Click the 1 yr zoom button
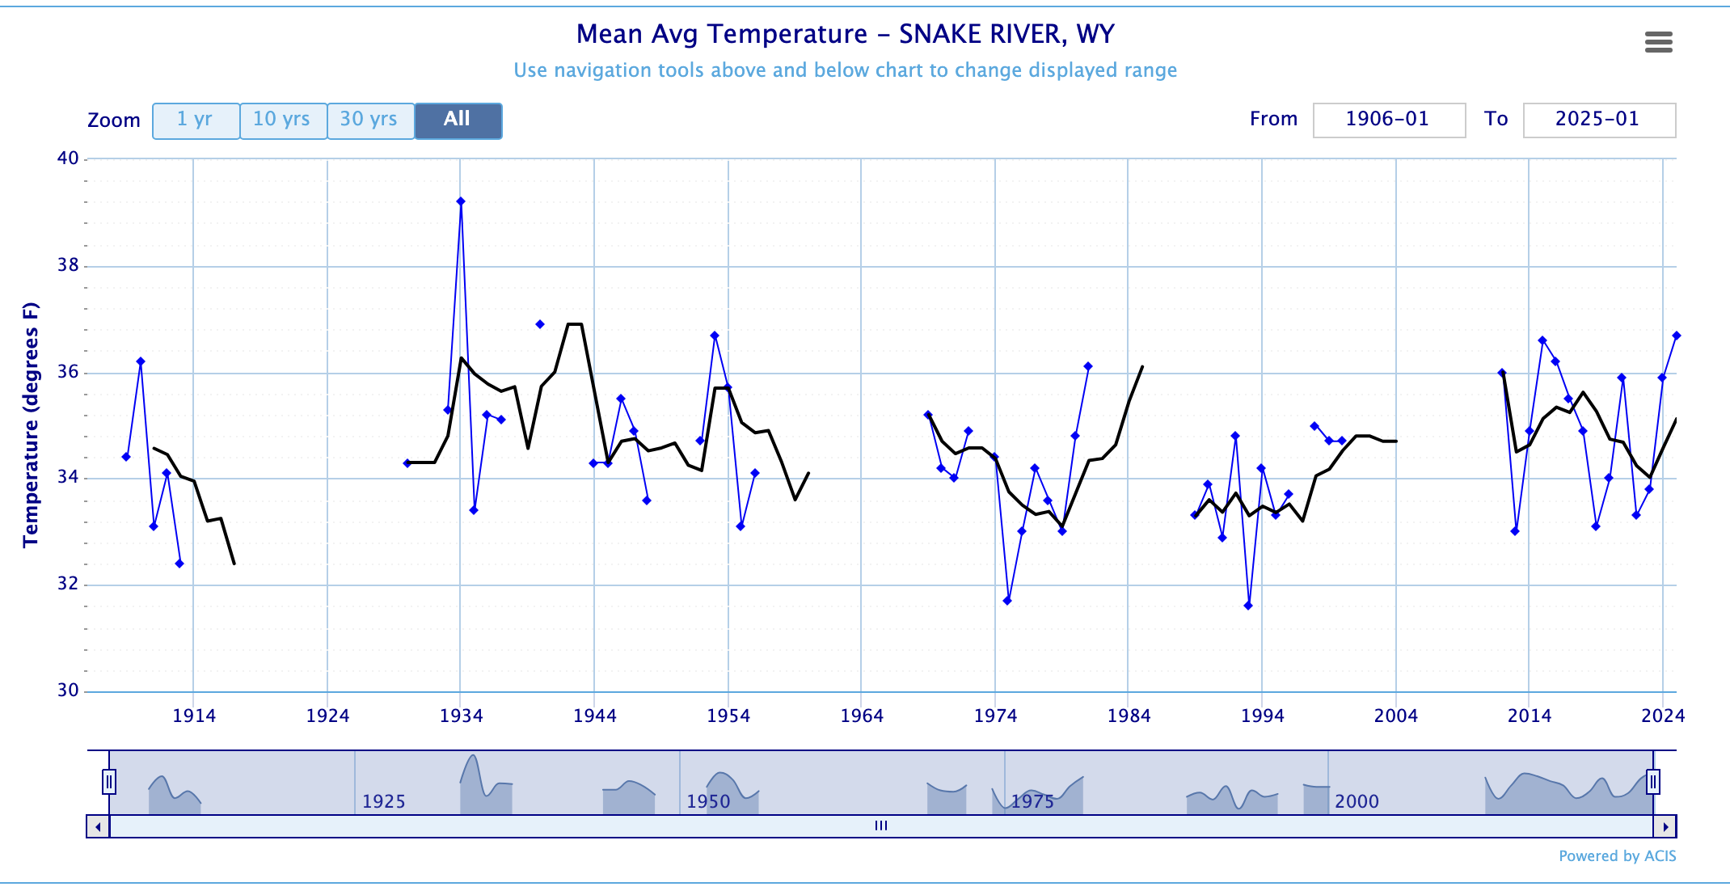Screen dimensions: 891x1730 (x=196, y=120)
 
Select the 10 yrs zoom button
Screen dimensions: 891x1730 (x=283, y=120)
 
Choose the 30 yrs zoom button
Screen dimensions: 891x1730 (x=370, y=120)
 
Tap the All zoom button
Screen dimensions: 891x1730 (x=458, y=120)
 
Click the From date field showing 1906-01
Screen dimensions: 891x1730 (x=1388, y=120)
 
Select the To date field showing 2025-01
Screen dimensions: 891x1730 (x=1598, y=120)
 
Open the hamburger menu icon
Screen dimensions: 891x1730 (x=1658, y=42)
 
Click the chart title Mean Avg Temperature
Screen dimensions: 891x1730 (x=845, y=34)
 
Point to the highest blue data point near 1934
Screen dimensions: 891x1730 (x=461, y=201)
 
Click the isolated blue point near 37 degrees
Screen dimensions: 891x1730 (x=540, y=324)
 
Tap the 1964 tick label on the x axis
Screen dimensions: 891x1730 (x=861, y=716)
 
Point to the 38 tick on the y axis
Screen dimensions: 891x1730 (x=68, y=265)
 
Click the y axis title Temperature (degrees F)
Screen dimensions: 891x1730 (x=31, y=424)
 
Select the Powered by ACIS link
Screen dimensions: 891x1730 (x=1617, y=856)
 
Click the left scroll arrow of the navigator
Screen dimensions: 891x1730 (x=98, y=826)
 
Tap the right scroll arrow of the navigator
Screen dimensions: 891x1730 (x=1665, y=826)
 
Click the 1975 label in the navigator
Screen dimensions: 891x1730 (x=1032, y=801)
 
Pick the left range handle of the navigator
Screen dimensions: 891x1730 (x=109, y=782)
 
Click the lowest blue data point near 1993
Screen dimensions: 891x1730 (x=1248, y=606)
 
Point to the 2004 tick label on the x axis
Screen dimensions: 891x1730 (x=1395, y=716)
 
